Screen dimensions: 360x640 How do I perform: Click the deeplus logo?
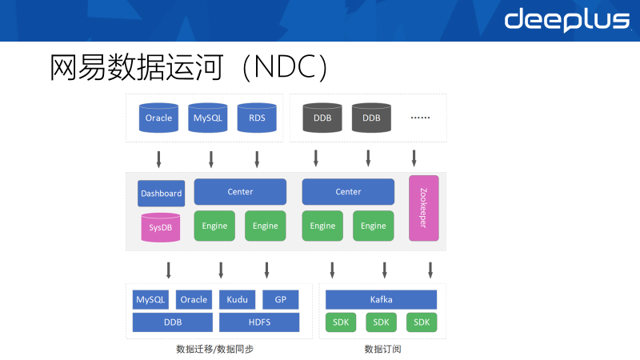(x=566, y=21)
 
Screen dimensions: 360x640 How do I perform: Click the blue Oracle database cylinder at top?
(x=159, y=118)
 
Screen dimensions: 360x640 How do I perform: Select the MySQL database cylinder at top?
(x=208, y=118)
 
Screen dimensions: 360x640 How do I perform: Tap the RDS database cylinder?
(x=257, y=118)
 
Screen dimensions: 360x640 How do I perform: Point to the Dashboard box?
(x=162, y=193)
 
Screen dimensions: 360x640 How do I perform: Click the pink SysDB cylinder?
(x=161, y=228)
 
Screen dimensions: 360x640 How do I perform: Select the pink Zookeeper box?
(x=423, y=208)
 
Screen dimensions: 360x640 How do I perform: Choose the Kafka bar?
(x=381, y=300)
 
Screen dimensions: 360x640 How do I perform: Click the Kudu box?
(x=237, y=300)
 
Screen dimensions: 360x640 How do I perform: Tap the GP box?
(x=280, y=300)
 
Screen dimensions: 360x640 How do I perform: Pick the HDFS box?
(x=258, y=322)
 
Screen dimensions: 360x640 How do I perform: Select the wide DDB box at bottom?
(x=172, y=322)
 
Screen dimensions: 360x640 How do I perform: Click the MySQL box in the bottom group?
(x=150, y=300)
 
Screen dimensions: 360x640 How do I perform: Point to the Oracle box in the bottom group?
(x=194, y=300)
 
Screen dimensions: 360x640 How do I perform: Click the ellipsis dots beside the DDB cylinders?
(x=420, y=118)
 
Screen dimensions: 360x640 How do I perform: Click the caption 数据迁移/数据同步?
(x=214, y=350)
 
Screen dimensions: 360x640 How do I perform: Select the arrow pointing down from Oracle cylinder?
(x=158, y=158)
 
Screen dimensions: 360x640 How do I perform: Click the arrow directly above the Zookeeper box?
(x=414, y=158)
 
